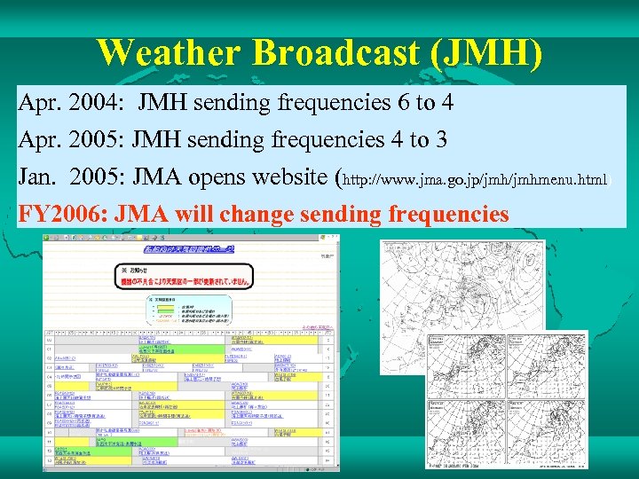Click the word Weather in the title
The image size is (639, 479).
click(169, 52)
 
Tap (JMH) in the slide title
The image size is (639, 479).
click(485, 52)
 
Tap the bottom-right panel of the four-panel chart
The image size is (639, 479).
click(542, 429)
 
